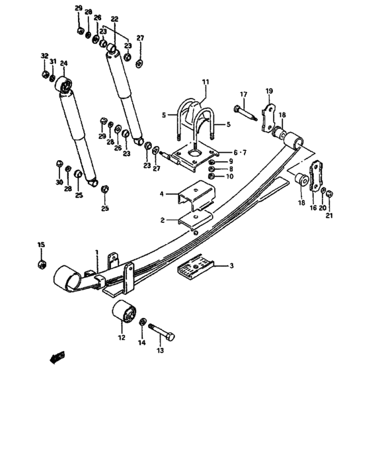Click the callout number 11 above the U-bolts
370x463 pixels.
[205, 82]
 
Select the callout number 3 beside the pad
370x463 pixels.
[232, 266]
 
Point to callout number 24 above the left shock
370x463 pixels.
[64, 63]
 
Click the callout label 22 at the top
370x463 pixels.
[115, 19]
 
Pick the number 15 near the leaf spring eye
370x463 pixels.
[41, 245]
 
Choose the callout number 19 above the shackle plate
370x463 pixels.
[269, 90]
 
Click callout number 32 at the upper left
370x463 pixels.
[45, 56]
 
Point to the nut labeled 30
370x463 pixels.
[59, 163]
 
